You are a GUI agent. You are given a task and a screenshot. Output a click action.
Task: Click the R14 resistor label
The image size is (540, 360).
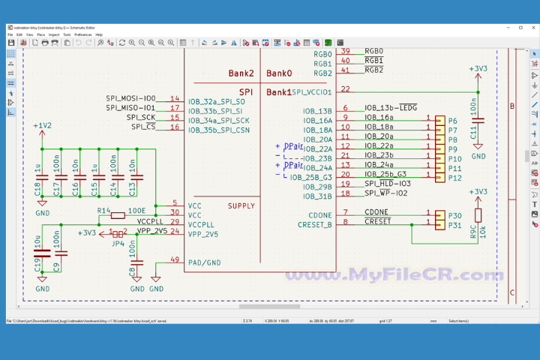click(104, 211)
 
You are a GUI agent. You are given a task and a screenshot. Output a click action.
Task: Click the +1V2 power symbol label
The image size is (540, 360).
click(43, 125)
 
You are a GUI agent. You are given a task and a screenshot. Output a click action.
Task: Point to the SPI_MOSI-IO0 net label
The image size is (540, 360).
click(130, 98)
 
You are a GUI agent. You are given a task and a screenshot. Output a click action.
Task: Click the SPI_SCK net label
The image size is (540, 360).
click(141, 118)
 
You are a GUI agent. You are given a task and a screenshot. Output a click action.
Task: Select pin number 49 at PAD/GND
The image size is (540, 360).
click(175, 260)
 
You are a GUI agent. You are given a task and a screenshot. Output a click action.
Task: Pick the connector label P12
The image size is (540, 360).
click(454, 178)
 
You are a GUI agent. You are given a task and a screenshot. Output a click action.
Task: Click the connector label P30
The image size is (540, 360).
click(454, 215)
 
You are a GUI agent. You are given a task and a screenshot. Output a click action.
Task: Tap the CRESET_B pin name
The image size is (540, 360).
click(316, 223)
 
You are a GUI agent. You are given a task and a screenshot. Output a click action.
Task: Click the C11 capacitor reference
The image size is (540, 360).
click(472, 133)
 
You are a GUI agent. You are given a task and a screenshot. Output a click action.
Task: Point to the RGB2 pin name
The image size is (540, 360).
click(322, 73)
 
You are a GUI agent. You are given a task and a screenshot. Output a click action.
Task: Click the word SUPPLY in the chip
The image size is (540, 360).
click(241, 205)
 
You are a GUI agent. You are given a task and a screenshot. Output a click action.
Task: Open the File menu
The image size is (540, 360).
click(10, 34)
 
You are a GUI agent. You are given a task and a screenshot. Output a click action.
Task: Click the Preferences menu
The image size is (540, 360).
click(82, 34)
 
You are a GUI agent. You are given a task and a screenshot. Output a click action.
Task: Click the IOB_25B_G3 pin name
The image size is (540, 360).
click(311, 177)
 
